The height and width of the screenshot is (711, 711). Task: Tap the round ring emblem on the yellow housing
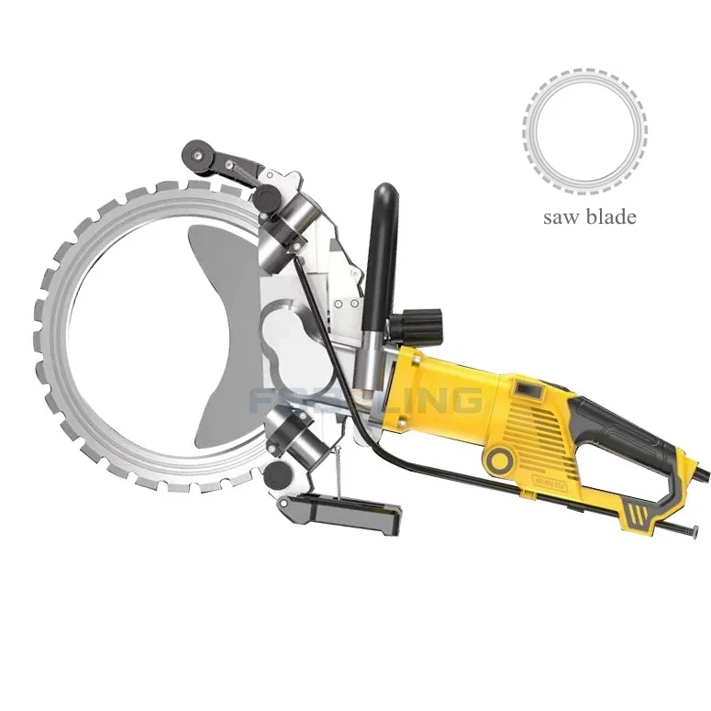click(500, 458)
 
